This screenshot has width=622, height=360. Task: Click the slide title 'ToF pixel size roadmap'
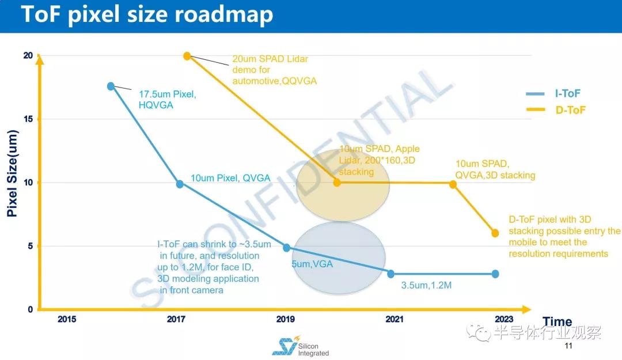coord(147,16)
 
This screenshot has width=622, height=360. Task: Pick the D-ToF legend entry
coord(555,109)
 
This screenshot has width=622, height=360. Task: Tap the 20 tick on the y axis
coord(28,56)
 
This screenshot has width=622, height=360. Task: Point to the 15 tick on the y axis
coord(28,119)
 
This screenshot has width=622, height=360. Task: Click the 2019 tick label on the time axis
coord(286,319)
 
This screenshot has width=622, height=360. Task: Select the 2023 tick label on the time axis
coord(503,319)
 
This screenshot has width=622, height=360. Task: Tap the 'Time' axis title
coord(557,322)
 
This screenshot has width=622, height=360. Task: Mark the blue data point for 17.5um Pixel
coord(111,86)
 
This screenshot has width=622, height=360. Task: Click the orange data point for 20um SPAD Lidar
coord(187,56)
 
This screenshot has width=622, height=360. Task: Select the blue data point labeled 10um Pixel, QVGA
coord(180,184)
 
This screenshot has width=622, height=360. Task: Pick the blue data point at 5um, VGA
coord(286,248)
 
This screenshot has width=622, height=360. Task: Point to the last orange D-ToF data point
coord(495,233)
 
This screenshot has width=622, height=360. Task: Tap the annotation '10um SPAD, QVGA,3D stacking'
coord(495,169)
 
